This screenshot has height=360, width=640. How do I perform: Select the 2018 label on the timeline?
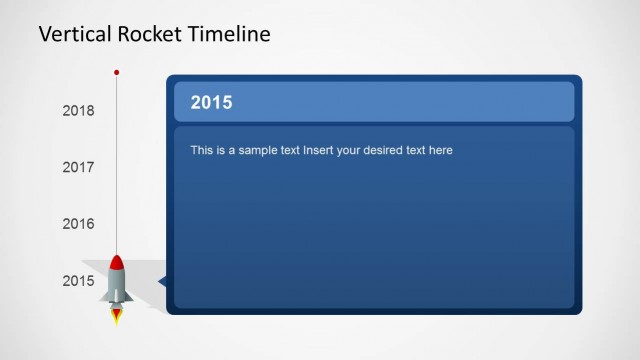point(78,111)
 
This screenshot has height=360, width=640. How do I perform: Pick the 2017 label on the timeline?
point(78,168)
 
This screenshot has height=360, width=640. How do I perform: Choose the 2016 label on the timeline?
point(78,224)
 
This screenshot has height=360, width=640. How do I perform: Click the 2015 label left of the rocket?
point(78,281)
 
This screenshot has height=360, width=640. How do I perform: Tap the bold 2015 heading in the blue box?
point(211,102)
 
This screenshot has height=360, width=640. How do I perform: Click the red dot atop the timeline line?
point(117,72)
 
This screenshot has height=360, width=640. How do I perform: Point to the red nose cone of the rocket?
point(117,262)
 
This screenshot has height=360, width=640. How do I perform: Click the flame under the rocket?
point(117,316)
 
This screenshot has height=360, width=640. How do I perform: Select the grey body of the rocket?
point(117,286)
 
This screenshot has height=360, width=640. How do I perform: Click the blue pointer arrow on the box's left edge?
point(162,283)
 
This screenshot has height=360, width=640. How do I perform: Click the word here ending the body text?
point(441,151)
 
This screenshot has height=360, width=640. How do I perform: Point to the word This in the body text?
point(201,151)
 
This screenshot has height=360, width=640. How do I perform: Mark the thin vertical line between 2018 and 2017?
point(117,140)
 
